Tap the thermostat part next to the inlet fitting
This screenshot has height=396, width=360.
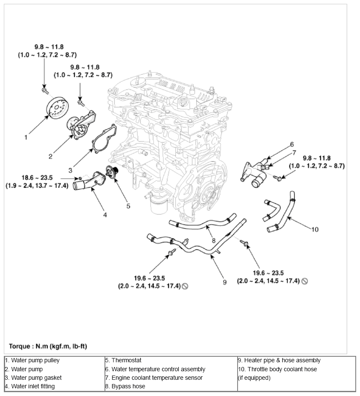click(x=112, y=173)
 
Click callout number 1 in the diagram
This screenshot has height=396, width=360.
click(x=26, y=137)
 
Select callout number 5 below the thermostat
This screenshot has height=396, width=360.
click(x=128, y=206)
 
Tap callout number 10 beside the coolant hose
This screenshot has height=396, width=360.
click(x=315, y=230)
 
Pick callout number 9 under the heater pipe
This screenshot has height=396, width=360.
click(x=225, y=282)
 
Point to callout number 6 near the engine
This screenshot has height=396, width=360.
click(x=292, y=145)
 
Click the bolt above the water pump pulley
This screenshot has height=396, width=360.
click(x=44, y=90)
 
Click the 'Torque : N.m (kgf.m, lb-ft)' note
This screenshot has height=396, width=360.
click(x=48, y=346)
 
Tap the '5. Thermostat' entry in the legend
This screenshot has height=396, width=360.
click(x=123, y=361)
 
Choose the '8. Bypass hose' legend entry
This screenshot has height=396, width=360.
click(x=125, y=387)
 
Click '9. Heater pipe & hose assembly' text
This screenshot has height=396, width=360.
click(x=279, y=361)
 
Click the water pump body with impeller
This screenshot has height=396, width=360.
click(x=81, y=125)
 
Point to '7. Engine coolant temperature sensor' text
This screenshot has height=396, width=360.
click(x=154, y=378)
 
